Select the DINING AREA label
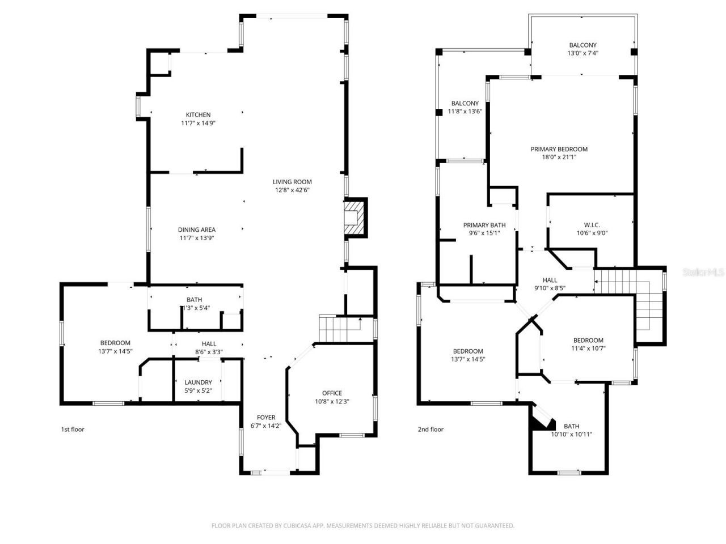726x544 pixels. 196,229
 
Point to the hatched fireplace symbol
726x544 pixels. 355,218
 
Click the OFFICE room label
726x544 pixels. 332,393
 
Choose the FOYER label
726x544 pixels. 266,418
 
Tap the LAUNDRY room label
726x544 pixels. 198,382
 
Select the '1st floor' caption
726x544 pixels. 73,430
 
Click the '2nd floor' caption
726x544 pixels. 430,430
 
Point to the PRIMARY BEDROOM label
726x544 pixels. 559,149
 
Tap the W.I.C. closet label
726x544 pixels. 592,224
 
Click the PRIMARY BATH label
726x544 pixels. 484,225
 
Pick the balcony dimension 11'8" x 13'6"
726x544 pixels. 465,112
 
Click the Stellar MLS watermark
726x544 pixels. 703,273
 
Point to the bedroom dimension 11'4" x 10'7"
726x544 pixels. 588,348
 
